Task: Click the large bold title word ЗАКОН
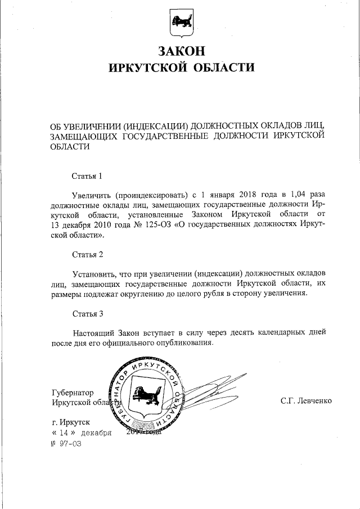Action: point(181,51)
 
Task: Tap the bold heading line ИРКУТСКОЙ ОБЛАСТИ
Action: point(181,68)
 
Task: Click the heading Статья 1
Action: point(87,177)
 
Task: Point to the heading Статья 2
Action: point(87,255)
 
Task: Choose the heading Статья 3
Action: point(87,313)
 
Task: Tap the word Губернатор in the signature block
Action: point(72,392)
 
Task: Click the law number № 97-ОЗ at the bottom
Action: point(66,444)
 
